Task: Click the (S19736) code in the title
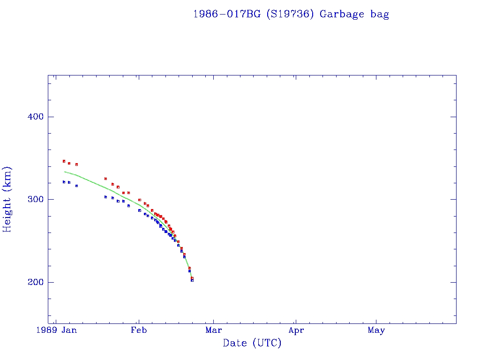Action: pos(290,14)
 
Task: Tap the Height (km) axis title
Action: pos(8,199)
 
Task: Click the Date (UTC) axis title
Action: pos(252,343)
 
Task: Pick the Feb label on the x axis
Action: pos(139,330)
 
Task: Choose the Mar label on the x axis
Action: pos(214,330)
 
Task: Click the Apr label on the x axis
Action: pos(296,330)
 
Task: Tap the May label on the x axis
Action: pos(376,330)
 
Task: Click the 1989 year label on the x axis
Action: pos(48,330)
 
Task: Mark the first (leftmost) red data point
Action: pos(64,161)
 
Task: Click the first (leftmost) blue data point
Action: pos(64,182)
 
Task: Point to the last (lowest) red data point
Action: pos(192,278)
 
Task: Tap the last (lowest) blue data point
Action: pos(192,280)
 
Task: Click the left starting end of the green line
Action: pos(64,172)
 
